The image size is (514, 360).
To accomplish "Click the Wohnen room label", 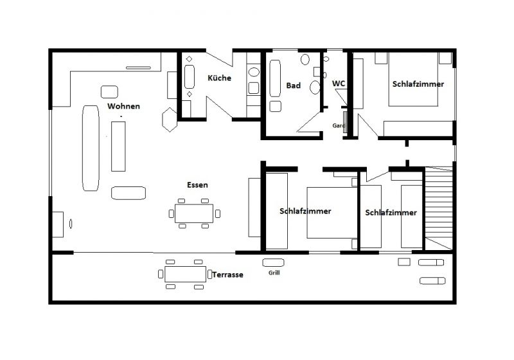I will tap(124, 106).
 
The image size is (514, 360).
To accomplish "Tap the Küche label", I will tap(219, 78).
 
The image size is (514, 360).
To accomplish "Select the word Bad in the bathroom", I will tap(294, 85).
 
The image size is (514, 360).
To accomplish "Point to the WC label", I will tap(339, 84).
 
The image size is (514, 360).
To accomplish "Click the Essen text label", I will tap(197, 184).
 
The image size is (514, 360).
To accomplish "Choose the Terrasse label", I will tap(227, 274).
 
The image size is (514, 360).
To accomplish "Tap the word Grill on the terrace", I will tap(274, 273).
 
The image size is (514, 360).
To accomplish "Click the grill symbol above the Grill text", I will tap(274, 262).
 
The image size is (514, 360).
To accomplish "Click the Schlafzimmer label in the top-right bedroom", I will tap(418, 84).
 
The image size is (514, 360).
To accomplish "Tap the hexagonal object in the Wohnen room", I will tap(169, 120).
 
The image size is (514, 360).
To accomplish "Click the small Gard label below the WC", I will tap(338, 126).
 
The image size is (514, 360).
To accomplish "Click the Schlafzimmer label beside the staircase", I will tap(391, 213).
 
